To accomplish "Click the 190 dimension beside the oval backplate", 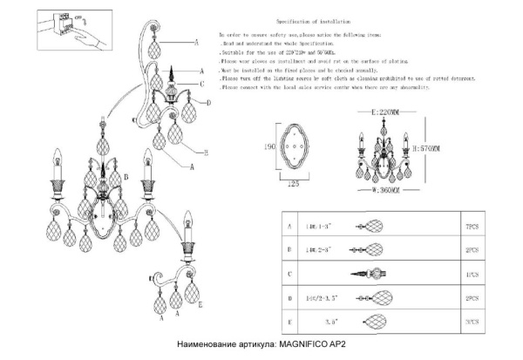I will pyautogui.click(x=270, y=149).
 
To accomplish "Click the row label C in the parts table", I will pyautogui.click(x=290, y=273).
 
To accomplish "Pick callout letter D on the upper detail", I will pyautogui.click(x=209, y=102).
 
